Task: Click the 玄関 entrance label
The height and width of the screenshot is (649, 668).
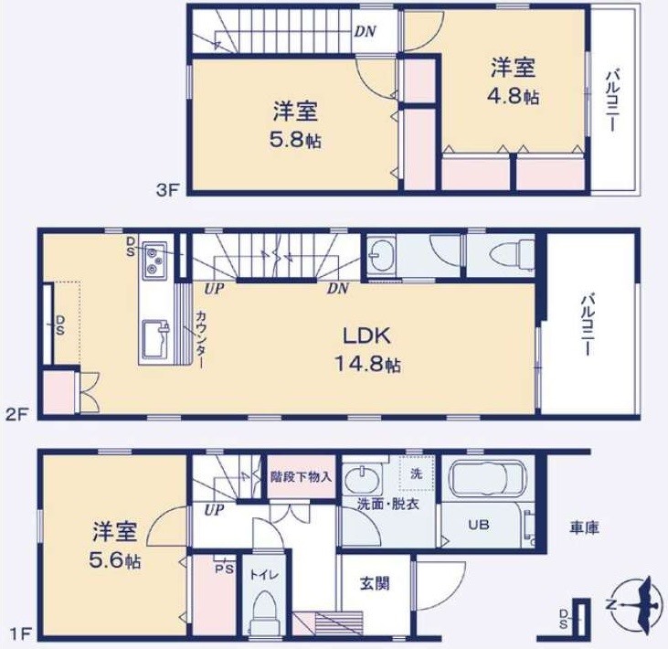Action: click(x=370, y=582)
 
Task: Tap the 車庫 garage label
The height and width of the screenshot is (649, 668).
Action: click(x=584, y=528)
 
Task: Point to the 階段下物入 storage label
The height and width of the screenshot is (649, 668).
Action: click(x=302, y=476)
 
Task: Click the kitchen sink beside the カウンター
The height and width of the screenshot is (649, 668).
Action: click(x=154, y=341)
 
